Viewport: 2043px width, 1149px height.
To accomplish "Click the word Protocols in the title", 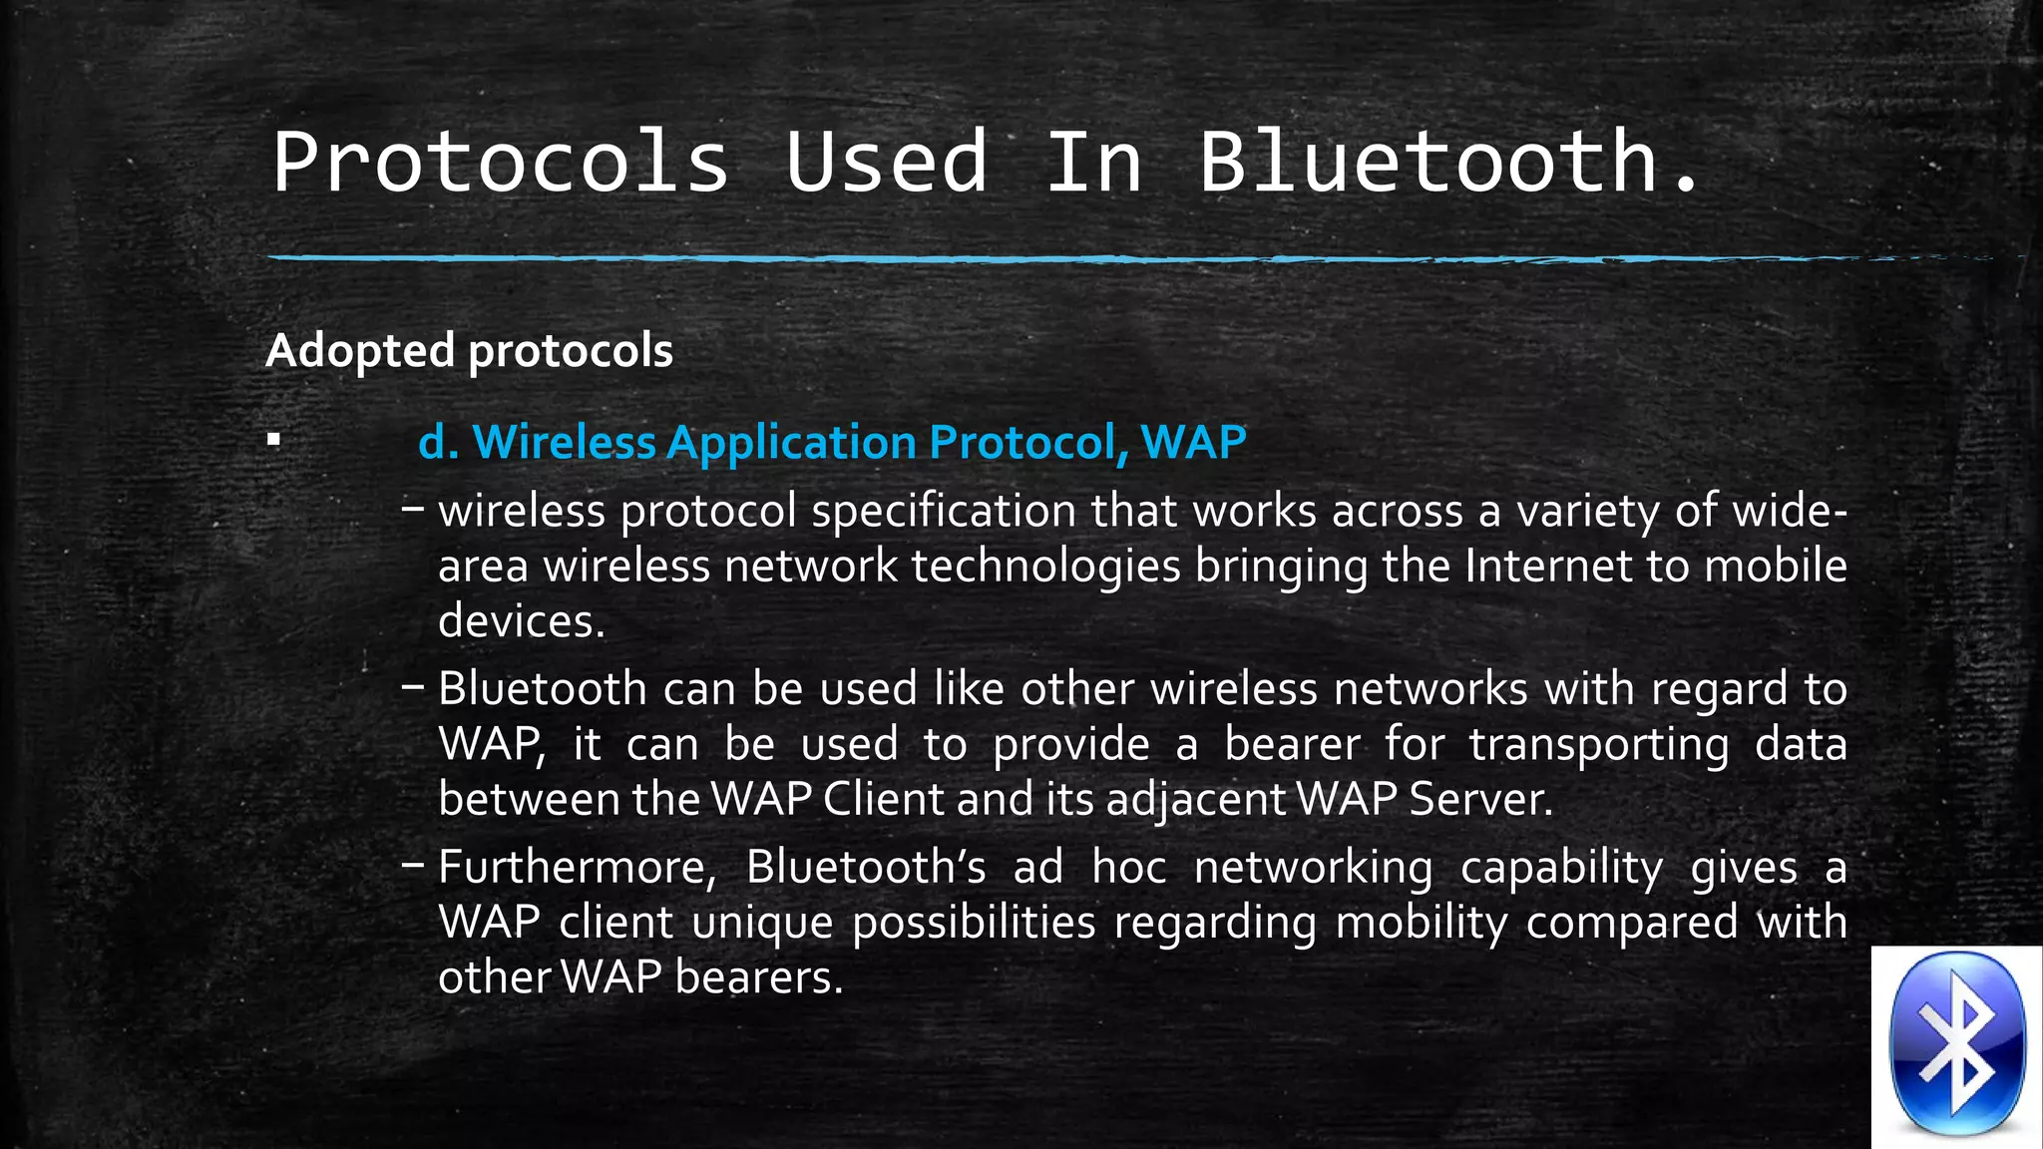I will pos(501,162).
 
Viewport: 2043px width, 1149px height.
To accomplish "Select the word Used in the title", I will pos(886,162).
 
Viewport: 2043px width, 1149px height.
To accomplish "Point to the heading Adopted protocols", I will pos(469,351).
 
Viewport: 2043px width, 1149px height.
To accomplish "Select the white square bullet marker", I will pos(274,439).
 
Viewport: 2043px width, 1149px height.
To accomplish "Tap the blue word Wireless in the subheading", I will pos(564,442).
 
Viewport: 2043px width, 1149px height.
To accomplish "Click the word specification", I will pos(943,512).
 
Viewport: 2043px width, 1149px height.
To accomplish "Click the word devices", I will pos(521,622).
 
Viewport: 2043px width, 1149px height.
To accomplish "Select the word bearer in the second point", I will pos(1292,745).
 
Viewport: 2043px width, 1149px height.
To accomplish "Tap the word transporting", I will pos(1599,745).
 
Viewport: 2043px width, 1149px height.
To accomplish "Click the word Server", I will pos(1479,800).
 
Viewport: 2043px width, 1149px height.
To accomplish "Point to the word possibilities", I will pos(974,923).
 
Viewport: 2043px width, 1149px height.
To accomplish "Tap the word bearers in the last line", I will pos(758,977).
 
